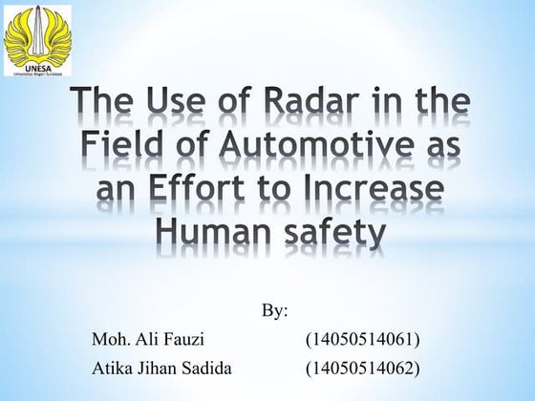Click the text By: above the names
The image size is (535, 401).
click(x=274, y=312)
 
